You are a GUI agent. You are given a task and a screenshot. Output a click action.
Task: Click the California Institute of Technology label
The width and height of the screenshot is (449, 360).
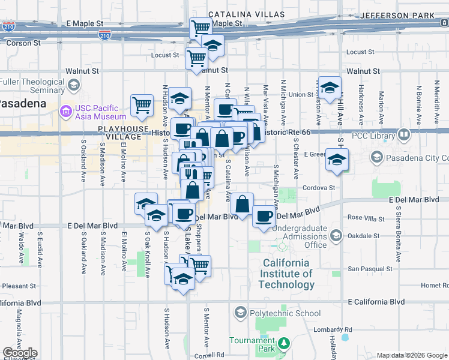(286, 274)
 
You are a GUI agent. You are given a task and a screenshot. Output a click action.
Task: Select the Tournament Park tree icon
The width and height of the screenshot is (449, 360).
(283, 344)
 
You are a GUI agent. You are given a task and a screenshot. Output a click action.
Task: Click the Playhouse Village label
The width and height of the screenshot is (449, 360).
(124, 133)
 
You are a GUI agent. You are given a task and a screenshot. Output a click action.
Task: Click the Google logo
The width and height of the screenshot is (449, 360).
(20, 353)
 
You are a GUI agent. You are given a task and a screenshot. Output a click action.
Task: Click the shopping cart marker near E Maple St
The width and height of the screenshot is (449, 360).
(200, 28)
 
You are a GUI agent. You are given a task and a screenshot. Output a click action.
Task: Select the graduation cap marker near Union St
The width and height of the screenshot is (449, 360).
(329, 88)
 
